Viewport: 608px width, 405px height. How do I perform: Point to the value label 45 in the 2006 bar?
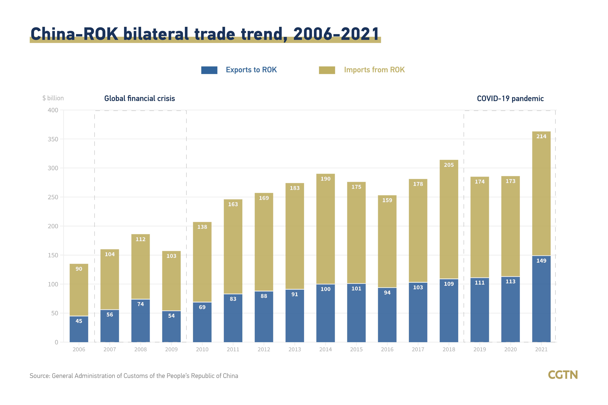tap(79, 321)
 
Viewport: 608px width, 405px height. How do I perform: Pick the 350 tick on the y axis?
tap(53, 139)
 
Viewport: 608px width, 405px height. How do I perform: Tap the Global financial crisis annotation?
tap(140, 98)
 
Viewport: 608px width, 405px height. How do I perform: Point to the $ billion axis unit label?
tap(53, 98)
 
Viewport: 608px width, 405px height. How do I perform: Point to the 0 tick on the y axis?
tap(56, 342)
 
